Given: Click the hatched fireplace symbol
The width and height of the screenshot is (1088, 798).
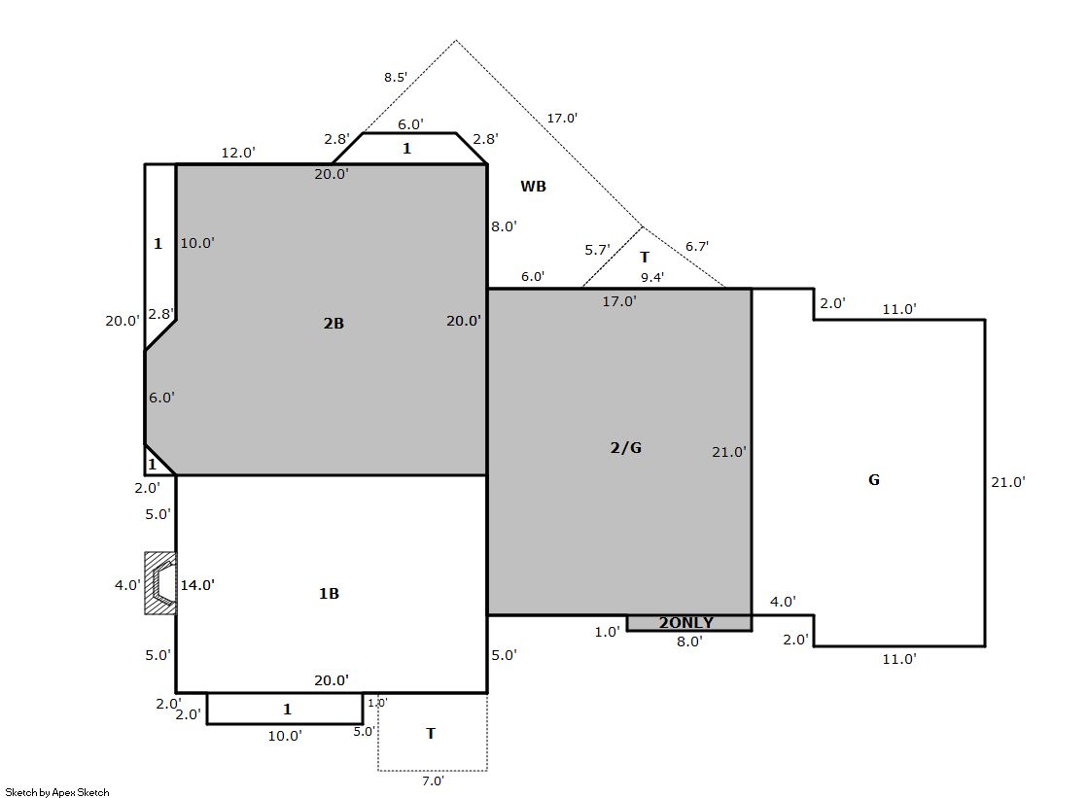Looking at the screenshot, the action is (160, 583).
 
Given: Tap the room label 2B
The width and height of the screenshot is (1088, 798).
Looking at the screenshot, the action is (333, 323).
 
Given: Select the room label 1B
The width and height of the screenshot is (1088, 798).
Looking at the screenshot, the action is (329, 593).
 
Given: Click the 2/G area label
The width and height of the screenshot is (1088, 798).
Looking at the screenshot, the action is (626, 447).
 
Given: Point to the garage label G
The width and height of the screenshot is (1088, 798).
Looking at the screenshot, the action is (874, 479).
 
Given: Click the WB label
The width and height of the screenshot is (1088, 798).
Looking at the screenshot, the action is (534, 186).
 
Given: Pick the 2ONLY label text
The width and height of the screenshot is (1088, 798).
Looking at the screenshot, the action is (686, 622).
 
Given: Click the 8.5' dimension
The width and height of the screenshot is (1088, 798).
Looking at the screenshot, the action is (396, 77).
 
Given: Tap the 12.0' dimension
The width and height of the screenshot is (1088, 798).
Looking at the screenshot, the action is (238, 153).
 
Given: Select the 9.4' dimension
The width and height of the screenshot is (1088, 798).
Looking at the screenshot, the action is (652, 278).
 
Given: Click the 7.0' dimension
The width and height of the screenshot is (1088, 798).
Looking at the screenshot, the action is (433, 781).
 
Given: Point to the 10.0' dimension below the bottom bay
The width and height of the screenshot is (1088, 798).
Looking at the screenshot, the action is (285, 736).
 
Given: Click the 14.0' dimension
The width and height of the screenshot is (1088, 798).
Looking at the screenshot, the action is (197, 585).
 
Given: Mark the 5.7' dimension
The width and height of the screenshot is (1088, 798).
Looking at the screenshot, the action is (597, 250).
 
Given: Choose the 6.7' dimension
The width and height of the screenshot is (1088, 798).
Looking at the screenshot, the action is (697, 246).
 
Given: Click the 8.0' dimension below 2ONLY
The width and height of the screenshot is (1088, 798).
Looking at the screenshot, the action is (689, 642).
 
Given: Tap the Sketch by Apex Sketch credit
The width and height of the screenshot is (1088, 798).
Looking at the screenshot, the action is (57, 792).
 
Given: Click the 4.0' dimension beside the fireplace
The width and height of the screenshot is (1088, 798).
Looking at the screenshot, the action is (127, 585).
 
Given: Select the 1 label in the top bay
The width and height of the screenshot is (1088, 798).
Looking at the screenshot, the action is (407, 148).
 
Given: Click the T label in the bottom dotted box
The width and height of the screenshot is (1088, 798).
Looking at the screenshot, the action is (431, 734).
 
